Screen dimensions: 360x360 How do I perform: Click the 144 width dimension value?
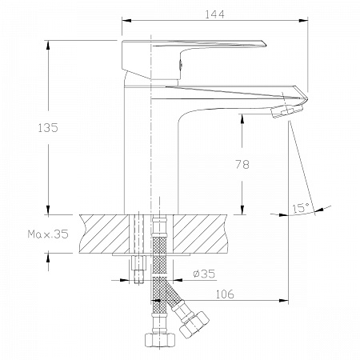point(214,14)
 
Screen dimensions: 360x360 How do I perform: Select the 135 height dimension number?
point(48,128)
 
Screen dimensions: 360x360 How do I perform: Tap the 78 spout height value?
point(242,164)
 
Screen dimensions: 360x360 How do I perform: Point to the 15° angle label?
point(301,208)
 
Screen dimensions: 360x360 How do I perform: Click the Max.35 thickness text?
point(48,234)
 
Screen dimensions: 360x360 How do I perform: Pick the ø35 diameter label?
point(204,274)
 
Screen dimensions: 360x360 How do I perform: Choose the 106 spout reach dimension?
point(225,294)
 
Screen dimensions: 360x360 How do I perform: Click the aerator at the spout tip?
point(287,111)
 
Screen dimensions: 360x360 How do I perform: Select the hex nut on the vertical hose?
point(160,340)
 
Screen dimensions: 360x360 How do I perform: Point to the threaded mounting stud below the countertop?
point(138,270)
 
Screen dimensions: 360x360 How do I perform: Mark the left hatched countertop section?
point(104,234)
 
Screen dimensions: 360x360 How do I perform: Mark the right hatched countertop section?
point(201,234)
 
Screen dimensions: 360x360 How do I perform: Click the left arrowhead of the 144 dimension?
point(126,21)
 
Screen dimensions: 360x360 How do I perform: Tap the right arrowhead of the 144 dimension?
point(303,21)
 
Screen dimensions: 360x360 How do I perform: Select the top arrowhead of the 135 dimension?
point(48,45)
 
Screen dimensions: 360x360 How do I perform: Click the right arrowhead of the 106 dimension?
point(284,301)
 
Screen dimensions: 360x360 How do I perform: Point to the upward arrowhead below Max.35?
point(48,258)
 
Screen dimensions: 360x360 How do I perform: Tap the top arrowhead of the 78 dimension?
point(242,119)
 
